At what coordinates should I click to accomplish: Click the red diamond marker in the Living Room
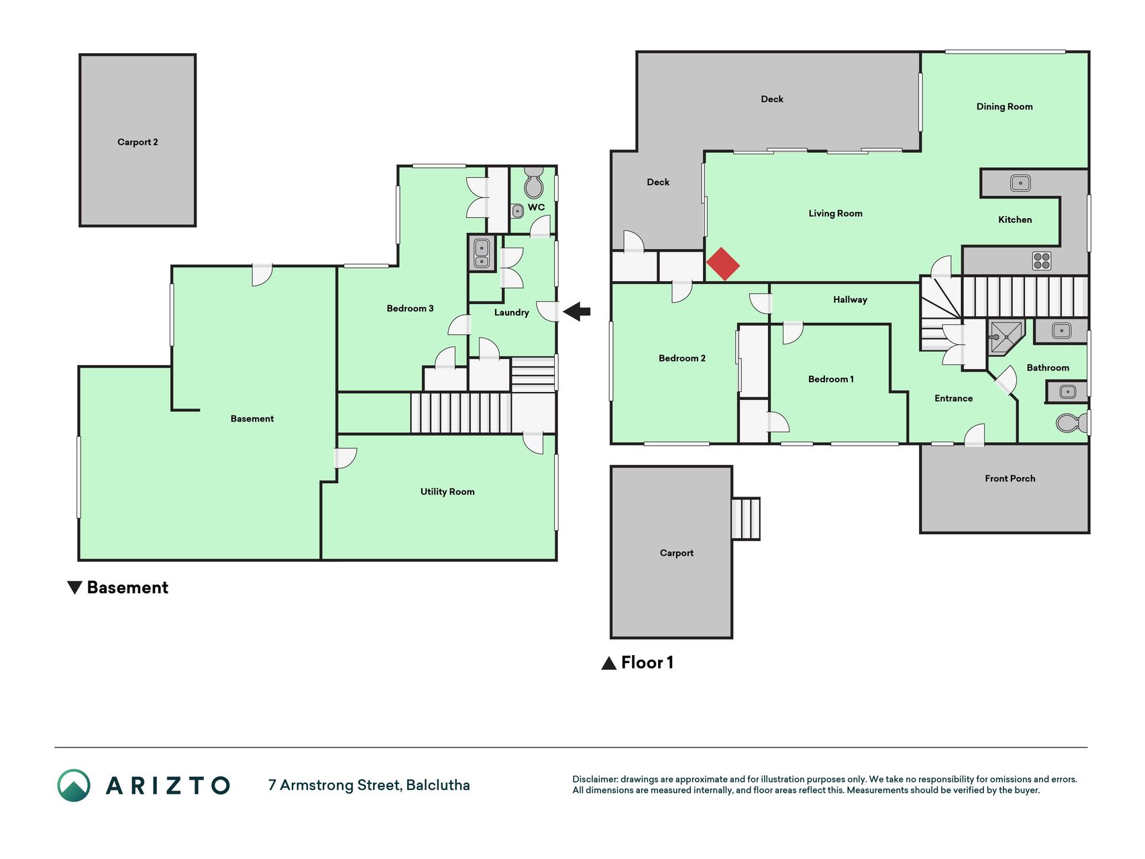tap(723, 264)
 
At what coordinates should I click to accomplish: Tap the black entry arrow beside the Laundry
tap(577, 311)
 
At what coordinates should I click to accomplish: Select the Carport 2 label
tap(138, 142)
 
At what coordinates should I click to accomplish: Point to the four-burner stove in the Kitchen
tap(1042, 260)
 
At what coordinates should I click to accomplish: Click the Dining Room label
tap(1004, 107)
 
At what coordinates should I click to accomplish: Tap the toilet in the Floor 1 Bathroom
tap(1071, 423)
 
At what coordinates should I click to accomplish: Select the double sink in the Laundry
tap(482, 253)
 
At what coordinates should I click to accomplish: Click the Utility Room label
tap(447, 492)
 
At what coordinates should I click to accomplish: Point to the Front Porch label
tap(1010, 478)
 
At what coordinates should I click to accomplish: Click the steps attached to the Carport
tap(745, 519)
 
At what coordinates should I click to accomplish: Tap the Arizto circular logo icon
tap(74, 785)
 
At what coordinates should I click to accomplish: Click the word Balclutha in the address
tap(438, 785)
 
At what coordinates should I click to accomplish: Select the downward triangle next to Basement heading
tap(74, 588)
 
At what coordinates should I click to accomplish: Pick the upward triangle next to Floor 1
tap(609, 663)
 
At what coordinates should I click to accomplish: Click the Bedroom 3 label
tap(410, 309)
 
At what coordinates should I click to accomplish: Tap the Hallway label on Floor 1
tap(850, 300)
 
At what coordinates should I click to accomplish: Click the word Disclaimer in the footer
tap(595, 779)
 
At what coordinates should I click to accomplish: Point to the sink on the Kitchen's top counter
tap(1020, 183)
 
